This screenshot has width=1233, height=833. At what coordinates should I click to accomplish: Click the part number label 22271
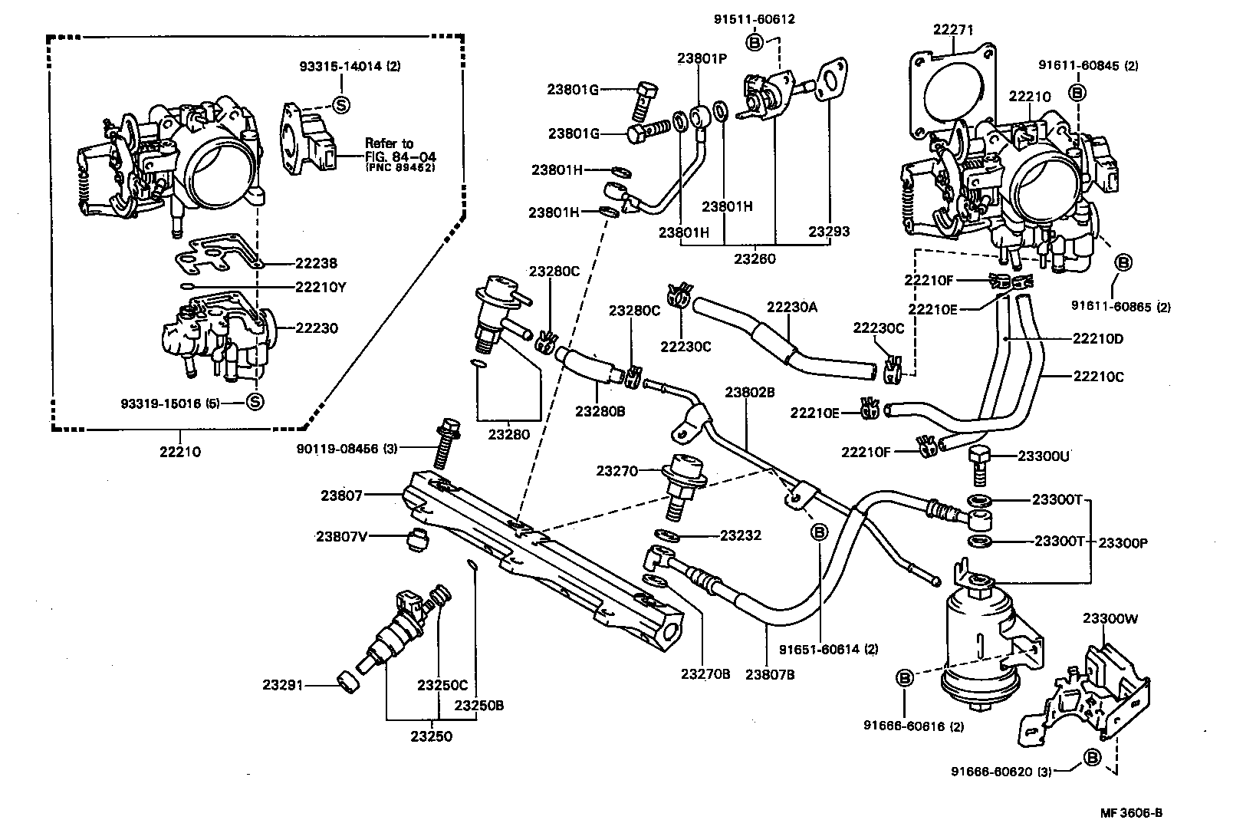click(x=953, y=30)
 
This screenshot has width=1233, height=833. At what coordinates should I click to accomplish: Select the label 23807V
click(x=342, y=536)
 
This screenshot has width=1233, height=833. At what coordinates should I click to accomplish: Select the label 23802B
click(x=750, y=392)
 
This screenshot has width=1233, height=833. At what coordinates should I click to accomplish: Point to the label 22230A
click(x=792, y=308)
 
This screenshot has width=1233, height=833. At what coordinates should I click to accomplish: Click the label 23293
click(x=829, y=231)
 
